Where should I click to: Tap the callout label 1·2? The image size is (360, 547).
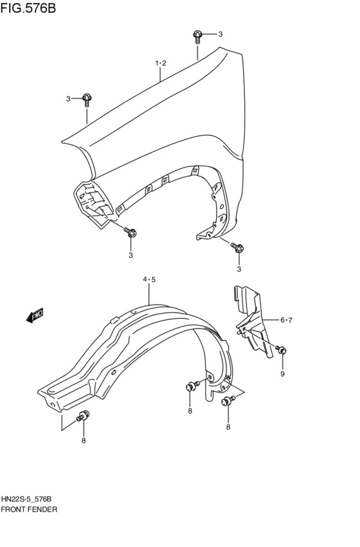[x=160, y=63]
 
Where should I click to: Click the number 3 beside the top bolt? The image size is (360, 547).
[x=219, y=34]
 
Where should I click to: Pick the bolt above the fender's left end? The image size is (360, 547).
[x=87, y=98]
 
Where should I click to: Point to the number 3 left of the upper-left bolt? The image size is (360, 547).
[x=68, y=98]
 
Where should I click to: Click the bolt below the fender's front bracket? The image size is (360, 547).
[x=130, y=233]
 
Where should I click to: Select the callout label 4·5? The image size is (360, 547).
[x=149, y=279]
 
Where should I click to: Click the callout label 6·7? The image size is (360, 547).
[x=286, y=320]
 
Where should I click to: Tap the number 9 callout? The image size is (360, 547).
[x=282, y=373]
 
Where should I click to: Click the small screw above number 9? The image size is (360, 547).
[x=281, y=350]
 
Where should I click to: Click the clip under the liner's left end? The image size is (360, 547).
[x=83, y=416]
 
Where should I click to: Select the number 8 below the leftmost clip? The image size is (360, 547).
[x=83, y=440]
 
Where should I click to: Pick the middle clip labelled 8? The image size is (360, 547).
[x=190, y=387]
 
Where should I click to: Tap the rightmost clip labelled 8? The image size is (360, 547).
[x=228, y=402]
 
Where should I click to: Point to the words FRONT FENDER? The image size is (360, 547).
[x=30, y=509]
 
